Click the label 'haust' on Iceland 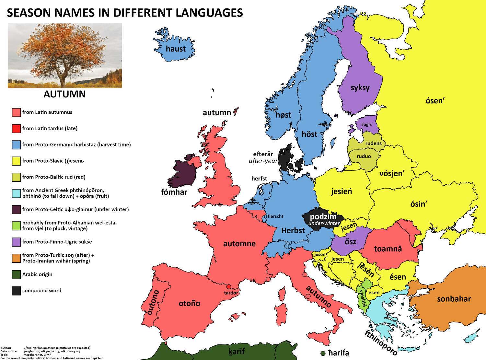click(176, 49)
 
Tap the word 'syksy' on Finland click(360, 88)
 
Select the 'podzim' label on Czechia click(323, 217)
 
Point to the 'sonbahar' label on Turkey click(454, 299)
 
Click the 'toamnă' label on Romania click(388, 249)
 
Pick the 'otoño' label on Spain click(189, 304)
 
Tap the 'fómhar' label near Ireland click(174, 192)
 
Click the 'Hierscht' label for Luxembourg click(274, 216)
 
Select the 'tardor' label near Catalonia click(231, 293)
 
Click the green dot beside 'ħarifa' click(323, 353)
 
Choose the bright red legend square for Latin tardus click(16, 129)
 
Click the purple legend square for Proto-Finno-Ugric click(16, 242)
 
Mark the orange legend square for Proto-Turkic click(16, 258)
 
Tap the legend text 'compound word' click(41, 291)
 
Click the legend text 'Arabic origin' click(37, 274)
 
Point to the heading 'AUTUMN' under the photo click(64, 94)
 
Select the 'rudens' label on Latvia click(373, 143)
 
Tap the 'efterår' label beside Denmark click(263, 154)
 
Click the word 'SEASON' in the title click(27, 13)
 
